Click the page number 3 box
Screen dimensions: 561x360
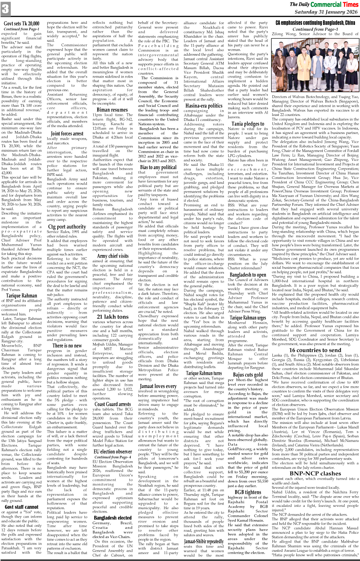pos(5,9)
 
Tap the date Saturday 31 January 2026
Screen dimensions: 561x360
pos(326,12)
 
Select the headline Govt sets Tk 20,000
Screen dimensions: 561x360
pos(22,24)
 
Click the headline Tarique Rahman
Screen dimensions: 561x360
pos(22,295)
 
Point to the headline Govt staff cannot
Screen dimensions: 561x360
pos(22,507)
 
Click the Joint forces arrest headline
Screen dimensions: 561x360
pos(67,134)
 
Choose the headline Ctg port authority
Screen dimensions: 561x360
pos(67,227)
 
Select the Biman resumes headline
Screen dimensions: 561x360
pos(112,110)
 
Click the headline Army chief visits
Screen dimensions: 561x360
pos(113,256)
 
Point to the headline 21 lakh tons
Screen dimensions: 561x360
pos(113,316)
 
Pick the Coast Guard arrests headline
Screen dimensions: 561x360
pos(113,404)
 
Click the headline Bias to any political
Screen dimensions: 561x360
pos(158,167)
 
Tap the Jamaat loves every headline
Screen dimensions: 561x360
pos(158,386)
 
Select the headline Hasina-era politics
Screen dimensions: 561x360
pos(204,106)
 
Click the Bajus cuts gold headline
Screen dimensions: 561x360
pos(248,374)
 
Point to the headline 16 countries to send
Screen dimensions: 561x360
pos(315,350)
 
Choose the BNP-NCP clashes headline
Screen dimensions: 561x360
pos(315,473)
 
